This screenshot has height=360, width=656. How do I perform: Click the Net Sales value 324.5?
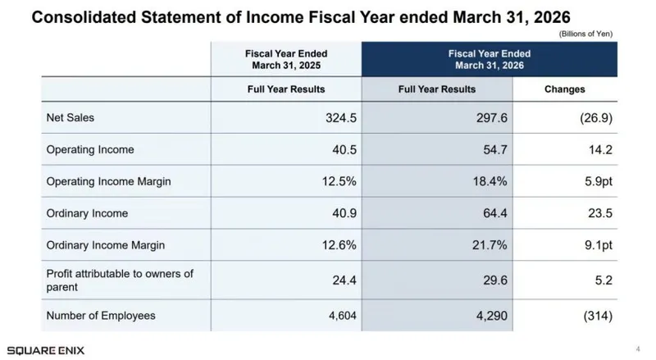pos(341,118)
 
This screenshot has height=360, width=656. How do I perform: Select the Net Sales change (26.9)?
pos(596,118)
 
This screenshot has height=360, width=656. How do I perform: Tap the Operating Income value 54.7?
pos(495,150)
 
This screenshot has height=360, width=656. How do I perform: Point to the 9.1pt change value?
pos(599,245)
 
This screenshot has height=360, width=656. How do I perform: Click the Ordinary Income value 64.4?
pos(495,213)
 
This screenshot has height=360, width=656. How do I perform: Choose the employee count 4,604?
pos(343,316)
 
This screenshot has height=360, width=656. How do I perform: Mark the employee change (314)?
pos(598,316)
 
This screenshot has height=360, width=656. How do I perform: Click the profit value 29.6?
pos(495,280)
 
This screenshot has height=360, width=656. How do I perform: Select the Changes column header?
pos(564,89)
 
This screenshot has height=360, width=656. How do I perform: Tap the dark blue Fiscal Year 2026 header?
pos(490,59)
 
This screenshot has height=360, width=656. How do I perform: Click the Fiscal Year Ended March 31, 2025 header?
pos(286,59)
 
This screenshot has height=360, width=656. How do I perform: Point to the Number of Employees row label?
pos(101,316)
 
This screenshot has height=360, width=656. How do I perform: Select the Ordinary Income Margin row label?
pos(106,245)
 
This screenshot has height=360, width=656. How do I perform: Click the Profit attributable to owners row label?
pos(120,280)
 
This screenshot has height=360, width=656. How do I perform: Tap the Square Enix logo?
pos(46,350)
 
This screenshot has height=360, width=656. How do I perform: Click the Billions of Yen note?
pos(585,34)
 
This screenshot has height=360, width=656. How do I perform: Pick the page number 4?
pos(638,349)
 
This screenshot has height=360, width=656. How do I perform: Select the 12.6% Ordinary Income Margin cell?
pos(339,245)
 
